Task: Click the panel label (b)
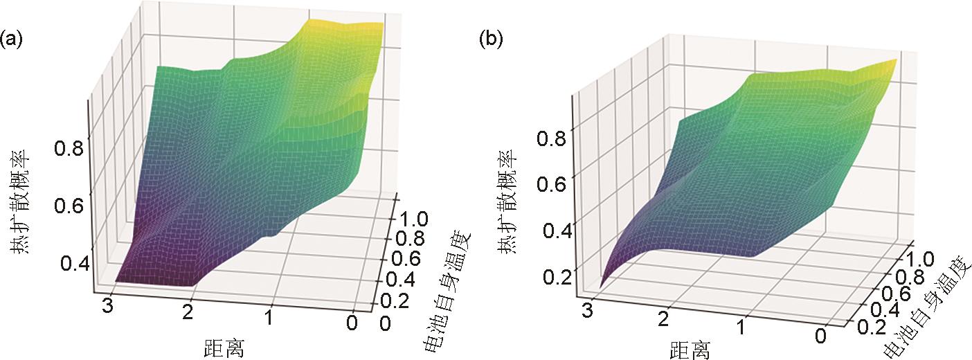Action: click(x=491, y=39)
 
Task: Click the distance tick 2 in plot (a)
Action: click(x=186, y=312)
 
